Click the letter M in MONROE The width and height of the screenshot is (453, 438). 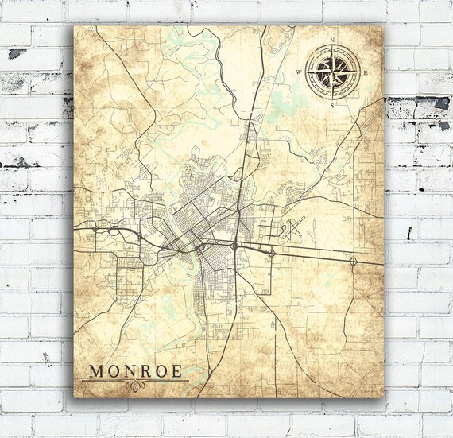95,370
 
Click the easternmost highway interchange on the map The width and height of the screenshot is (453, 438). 353,259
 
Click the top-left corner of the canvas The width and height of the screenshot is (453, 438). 74,25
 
